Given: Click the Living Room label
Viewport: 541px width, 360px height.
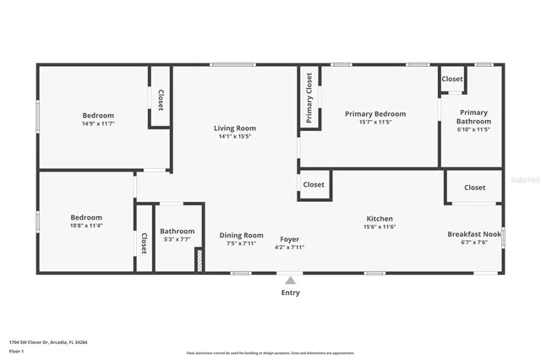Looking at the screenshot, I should (x=234, y=128).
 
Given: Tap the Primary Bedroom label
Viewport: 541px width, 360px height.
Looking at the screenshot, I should (x=374, y=113).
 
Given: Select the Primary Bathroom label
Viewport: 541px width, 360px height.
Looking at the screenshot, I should (x=473, y=117).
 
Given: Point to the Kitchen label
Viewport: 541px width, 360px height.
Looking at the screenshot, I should (x=379, y=218).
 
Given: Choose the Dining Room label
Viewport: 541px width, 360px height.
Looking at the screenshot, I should (x=242, y=235).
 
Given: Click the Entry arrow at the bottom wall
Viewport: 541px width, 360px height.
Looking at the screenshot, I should (x=290, y=280).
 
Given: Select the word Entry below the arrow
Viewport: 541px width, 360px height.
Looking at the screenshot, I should (x=290, y=292).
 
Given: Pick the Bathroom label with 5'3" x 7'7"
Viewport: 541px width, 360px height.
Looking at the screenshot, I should (x=178, y=231).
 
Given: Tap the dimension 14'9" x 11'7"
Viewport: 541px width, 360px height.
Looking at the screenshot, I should (x=98, y=123).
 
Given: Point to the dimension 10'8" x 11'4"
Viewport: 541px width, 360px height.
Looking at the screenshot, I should (x=86, y=225).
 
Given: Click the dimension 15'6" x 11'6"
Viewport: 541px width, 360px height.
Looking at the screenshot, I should (x=379, y=226).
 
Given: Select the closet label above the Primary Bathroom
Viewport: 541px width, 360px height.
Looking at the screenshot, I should (x=452, y=79).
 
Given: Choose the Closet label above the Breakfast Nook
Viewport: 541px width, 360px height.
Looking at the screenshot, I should (x=475, y=188).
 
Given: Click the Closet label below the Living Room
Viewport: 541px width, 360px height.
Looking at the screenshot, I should (x=314, y=184).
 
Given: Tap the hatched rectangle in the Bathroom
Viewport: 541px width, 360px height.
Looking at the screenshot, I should (x=199, y=261).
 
